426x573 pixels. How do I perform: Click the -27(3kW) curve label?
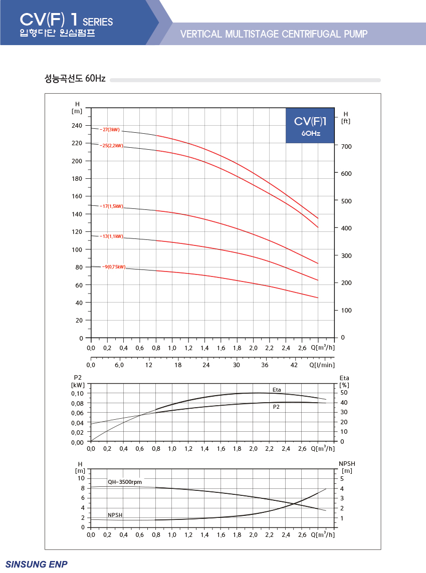(x=110, y=130)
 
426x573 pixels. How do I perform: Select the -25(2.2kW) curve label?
(x=112, y=146)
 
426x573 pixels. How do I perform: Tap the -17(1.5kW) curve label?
(x=112, y=206)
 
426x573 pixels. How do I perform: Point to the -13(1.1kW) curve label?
(x=112, y=236)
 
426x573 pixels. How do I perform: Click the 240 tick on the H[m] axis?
(x=77, y=126)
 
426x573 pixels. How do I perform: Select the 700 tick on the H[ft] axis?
(x=346, y=147)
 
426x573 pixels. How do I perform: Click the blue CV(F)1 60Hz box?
(x=310, y=125)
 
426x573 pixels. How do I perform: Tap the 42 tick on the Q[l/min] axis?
(x=294, y=365)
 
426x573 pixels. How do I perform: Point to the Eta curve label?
(x=277, y=390)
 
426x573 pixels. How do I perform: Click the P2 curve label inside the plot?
(x=276, y=407)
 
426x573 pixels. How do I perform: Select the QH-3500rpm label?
(x=125, y=482)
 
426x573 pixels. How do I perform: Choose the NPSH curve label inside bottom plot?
(x=115, y=515)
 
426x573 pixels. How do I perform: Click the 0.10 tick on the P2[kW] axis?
(x=77, y=394)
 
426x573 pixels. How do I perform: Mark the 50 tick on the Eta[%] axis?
(x=344, y=393)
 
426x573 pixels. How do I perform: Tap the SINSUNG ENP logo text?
(x=37, y=564)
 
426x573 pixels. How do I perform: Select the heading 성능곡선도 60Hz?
(x=75, y=78)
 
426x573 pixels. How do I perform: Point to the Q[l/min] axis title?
(x=322, y=365)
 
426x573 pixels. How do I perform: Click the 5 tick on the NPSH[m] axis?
(x=342, y=479)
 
